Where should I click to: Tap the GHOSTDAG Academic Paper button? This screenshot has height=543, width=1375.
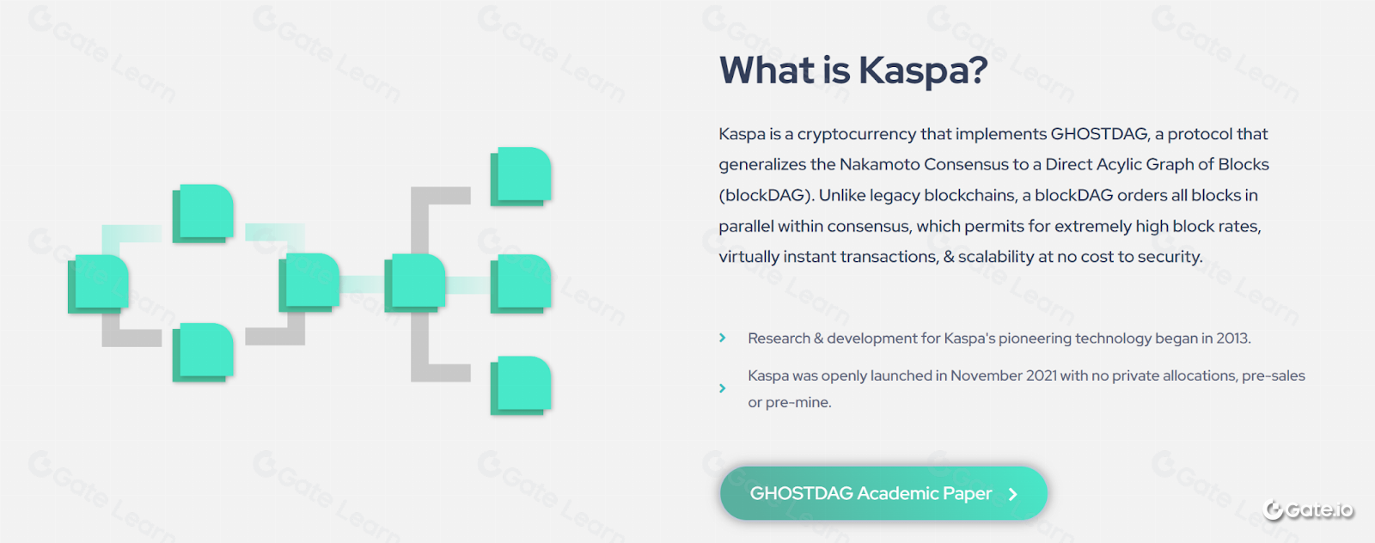[x=883, y=493]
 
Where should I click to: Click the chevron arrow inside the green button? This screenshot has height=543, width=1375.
[x=1013, y=494]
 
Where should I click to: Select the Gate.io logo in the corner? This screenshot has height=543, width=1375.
[x=1308, y=509]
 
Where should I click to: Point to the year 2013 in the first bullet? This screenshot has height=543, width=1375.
[x=1232, y=338]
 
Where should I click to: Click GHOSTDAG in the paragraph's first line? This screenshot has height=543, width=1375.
[x=1099, y=134]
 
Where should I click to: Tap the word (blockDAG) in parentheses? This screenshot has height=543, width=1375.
[x=766, y=195]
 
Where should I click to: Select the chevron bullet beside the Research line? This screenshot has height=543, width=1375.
[x=723, y=338]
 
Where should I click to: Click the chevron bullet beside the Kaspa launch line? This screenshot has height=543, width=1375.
[x=723, y=388]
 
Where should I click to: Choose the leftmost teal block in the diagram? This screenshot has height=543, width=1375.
[x=98, y=284]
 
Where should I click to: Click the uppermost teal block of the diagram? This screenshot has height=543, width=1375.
[x=521, y=176]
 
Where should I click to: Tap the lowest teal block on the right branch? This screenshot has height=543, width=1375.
[x=521, y=385]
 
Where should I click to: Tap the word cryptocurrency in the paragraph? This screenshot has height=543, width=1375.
[x=856, y=134]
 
